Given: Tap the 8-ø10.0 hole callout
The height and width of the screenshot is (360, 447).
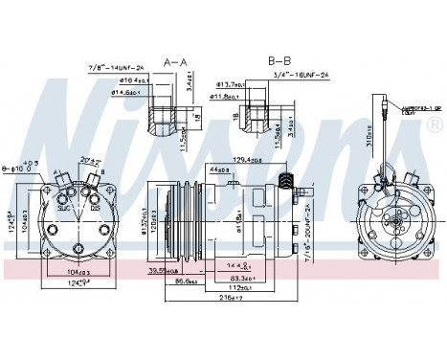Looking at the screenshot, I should point(16,169).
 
